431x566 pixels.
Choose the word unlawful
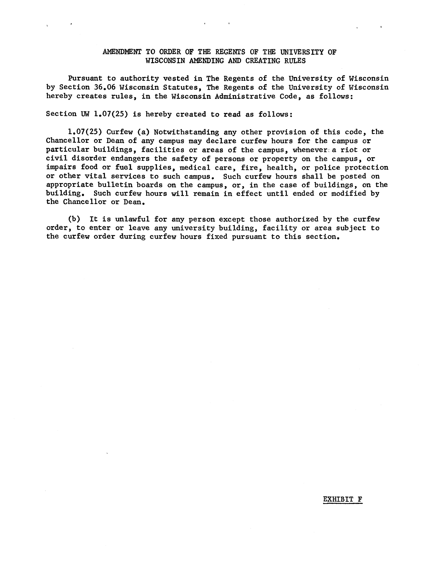click(132, 219)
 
